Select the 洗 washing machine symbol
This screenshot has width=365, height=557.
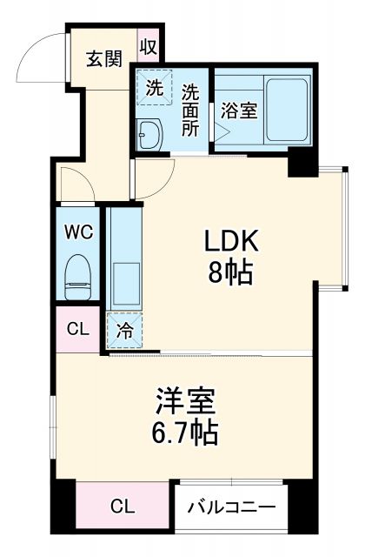click(153, 88)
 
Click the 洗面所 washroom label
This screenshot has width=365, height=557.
click(192, 110)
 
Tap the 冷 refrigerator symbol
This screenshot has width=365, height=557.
click(124, 331)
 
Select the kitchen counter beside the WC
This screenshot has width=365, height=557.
click(123, 261)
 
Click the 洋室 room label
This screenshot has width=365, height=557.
click(184, 401)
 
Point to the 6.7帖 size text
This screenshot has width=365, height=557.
click(185, 433)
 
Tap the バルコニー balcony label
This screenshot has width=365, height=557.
click(233, 507)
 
